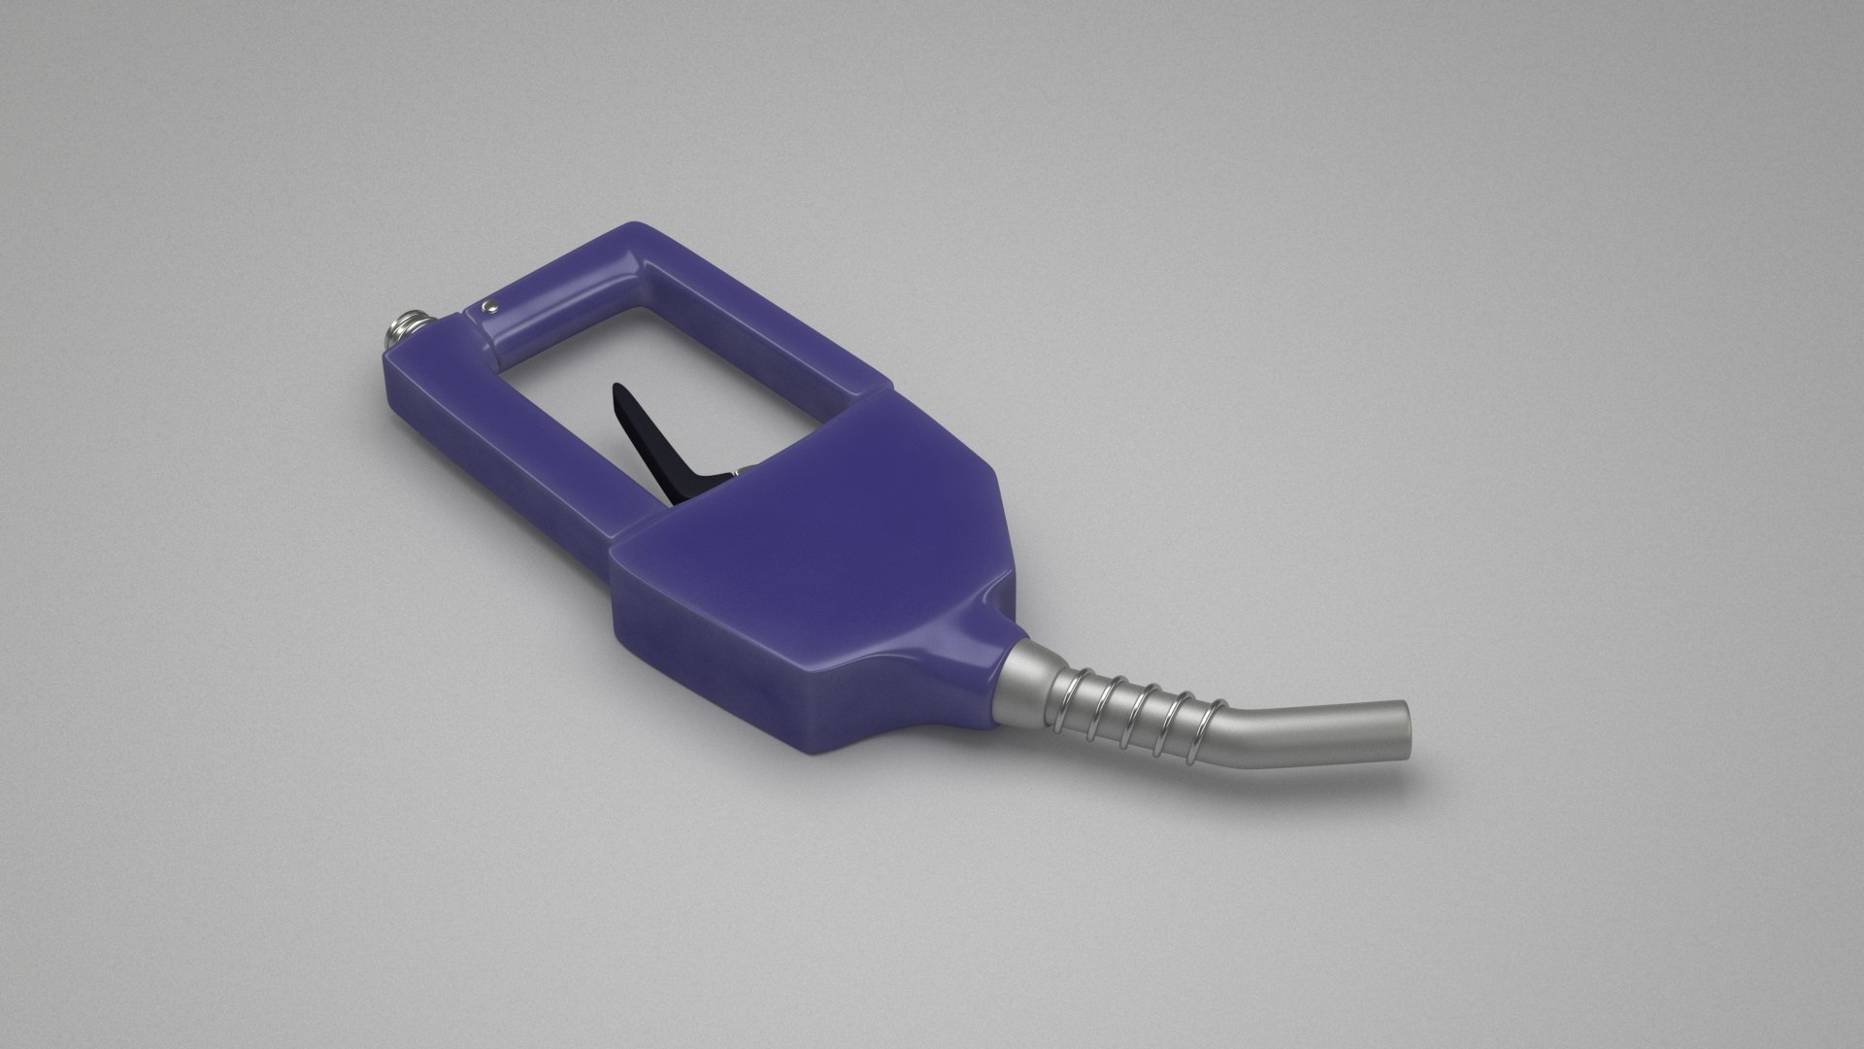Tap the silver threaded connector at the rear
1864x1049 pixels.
point(398,330)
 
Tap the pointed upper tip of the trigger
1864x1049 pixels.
point(617,389)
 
